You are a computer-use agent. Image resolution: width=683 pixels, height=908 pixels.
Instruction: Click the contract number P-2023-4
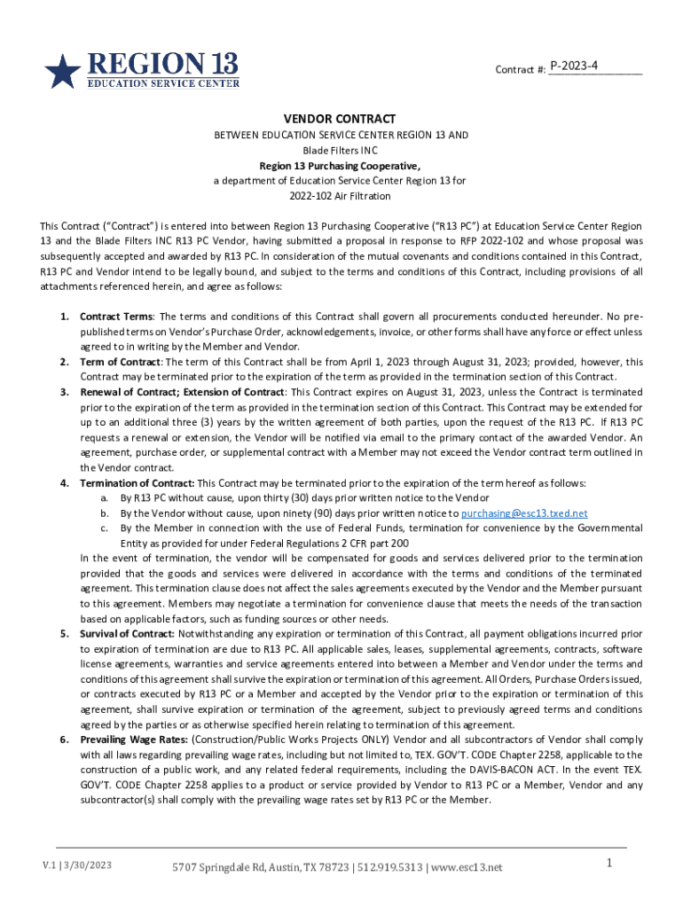(574, 66)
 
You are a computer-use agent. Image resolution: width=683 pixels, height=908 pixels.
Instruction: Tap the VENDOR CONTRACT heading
(340, 119)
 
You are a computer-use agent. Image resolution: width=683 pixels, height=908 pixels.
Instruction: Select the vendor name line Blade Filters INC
(340, 150)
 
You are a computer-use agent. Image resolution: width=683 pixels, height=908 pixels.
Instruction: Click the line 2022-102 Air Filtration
(340, 195)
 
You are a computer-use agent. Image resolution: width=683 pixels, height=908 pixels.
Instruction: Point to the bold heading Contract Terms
(116, 317)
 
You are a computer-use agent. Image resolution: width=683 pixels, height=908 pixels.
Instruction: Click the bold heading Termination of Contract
(137, 483)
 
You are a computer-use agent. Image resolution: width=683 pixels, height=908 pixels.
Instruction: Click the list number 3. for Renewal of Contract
(64, 392)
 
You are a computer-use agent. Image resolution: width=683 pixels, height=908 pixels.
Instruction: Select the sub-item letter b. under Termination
(105, 513)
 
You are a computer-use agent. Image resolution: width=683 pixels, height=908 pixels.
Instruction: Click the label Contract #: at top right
(520, 68)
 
